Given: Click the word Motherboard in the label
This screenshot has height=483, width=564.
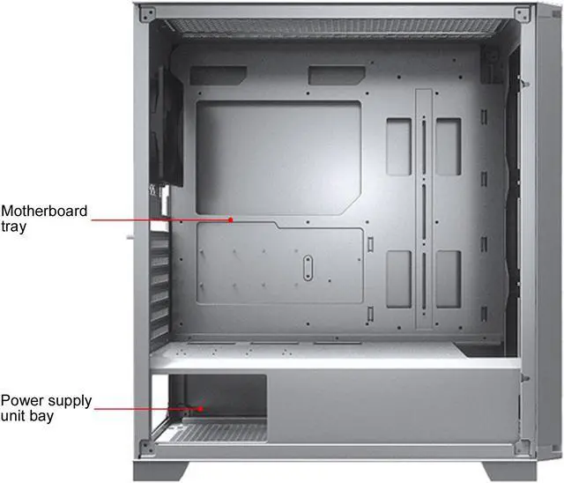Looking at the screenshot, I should click(x=45, y=212).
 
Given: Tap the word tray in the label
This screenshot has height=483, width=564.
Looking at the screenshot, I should click(x=14, y=227).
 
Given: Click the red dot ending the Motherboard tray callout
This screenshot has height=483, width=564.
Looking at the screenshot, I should click(x=230, y=219).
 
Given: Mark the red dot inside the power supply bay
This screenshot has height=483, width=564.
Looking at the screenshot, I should click(x=202, y=408).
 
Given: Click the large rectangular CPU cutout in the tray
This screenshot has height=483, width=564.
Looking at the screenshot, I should click(x=278, y=156).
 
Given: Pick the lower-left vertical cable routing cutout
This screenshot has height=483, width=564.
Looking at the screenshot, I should click(x=397, y=278).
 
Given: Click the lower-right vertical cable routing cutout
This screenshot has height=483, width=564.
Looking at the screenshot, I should click(x=448, y=278).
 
